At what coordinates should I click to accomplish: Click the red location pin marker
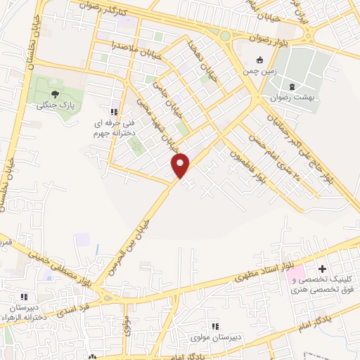pos(181,165)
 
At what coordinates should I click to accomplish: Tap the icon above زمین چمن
pos(259,60)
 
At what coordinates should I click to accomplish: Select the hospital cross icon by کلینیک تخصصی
pos(323,269)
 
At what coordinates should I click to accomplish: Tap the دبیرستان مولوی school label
pos(216,337)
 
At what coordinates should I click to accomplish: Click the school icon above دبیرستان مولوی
pos(216,326)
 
